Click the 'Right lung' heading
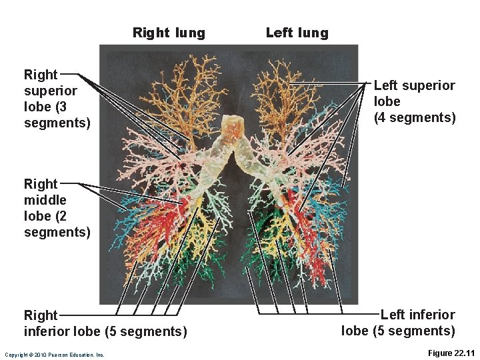pos(169,33)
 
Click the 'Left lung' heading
pos(297,33)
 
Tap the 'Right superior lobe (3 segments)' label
pos(51,99)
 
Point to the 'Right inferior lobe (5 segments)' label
pos(105,323)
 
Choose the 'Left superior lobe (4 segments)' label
pos(414,101)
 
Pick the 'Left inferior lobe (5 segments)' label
pos(399,323)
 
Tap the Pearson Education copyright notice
pos(54,355)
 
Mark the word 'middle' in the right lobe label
pos(45,200)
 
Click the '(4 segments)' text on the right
pos(415,118)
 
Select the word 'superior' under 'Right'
pos(51,91)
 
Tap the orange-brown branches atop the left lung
pos(283,93)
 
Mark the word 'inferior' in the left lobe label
pos(431,315)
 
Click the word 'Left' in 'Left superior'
pos(386,85)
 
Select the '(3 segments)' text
pos(57,123)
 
